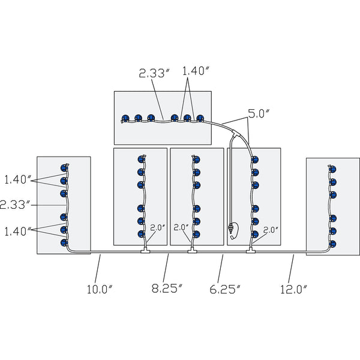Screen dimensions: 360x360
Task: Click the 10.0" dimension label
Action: (x=100, y=289)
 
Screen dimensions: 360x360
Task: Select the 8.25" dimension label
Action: (x=167, y=288)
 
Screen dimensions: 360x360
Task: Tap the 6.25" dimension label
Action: (x=225, y=289)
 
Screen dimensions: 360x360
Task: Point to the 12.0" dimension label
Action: (x=294, y=289)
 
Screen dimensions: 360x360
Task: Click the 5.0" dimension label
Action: (x=259, y=113)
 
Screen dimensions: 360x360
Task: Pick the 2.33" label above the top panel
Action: (x=154, y=73)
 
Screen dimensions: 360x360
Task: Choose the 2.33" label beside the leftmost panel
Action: (x=14, y=205)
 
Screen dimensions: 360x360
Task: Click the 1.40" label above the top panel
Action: (x=196, y=71)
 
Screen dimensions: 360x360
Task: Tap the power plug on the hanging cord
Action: (x=230, y=230)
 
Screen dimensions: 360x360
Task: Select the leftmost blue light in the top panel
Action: (x=125, y=118)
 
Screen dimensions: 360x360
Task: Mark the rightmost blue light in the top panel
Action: (x=200, y=118)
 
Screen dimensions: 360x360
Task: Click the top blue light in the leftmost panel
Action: (x=65, y=168)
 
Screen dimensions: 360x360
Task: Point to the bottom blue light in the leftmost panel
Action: (x=65, y=242)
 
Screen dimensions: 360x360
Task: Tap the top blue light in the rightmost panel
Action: (x=332, y=169)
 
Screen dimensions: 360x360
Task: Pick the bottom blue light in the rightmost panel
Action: (x=332, y=244)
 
